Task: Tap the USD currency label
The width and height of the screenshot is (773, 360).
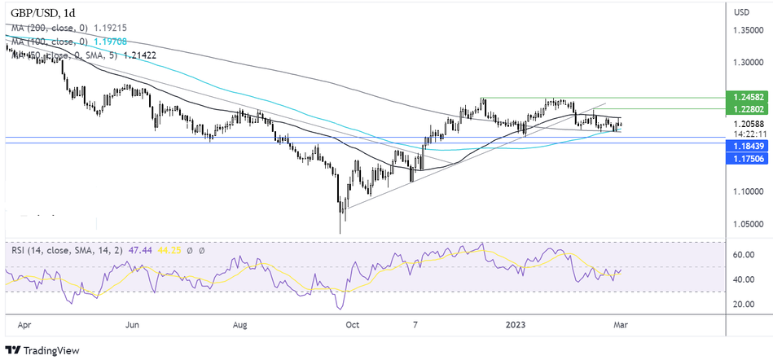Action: coord(741,12)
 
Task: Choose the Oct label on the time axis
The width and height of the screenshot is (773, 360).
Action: coord(352,323)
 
